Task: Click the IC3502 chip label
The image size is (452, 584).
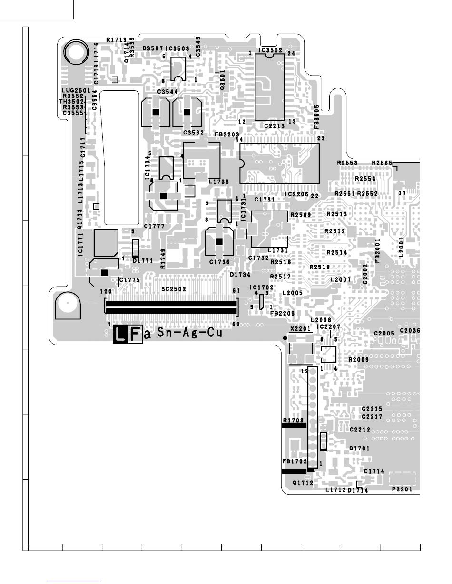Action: (271, 50)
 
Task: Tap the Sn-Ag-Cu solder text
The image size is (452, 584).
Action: (190, 334)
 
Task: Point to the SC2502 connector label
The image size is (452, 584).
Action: (173, 289)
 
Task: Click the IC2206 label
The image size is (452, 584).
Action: (296, 195)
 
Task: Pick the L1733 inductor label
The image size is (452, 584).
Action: (219, 182)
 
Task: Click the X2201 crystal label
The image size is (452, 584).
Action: (300, 328)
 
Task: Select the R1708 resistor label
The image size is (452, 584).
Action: (293, 421)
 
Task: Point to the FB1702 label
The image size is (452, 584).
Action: (295, 461)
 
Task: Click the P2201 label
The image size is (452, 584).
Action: (402, 489)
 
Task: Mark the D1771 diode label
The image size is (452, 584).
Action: (143, 261)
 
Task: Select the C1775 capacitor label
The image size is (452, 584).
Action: (129, 280)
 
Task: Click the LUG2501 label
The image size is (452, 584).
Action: (76, 90)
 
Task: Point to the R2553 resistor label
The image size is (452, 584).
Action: (347, 163)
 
